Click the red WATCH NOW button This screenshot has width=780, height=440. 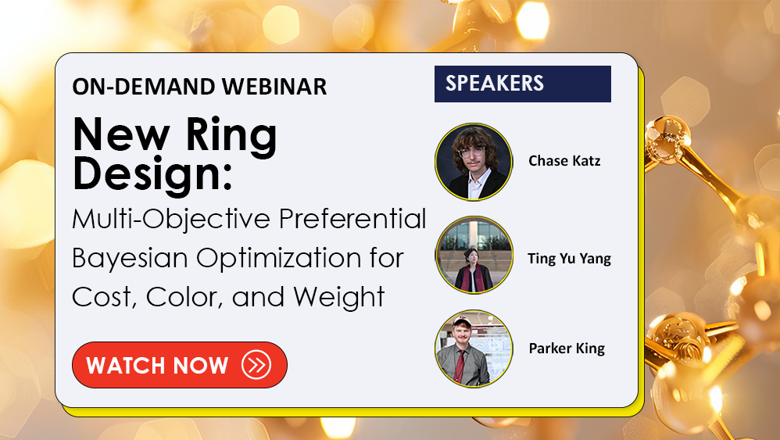tap(180, 365)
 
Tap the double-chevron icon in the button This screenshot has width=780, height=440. tap(256, 365)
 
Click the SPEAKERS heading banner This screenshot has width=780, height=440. tap(523, 84)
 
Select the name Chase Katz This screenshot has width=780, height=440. tap(564, 161)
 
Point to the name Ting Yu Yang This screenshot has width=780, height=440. tap(569, 259)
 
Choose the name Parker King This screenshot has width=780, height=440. tap(567, 349)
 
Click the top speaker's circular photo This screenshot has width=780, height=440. tap(474, 162)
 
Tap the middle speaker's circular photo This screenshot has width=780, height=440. tap(474, 255)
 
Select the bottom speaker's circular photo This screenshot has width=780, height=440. tap(474, 349)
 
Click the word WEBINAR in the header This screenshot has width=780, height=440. tap(274, 87)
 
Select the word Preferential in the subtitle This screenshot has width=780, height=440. tap(352, 218)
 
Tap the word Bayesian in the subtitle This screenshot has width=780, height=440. tap(129, 259)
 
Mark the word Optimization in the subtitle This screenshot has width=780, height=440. tap(278, 258)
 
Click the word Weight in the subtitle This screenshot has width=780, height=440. tap(338, 298)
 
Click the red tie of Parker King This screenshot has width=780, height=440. tap(460, 366)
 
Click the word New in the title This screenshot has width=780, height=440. tap(121, 134)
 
